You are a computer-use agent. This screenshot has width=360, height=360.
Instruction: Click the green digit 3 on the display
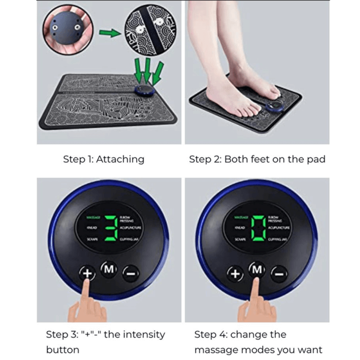point(111,228)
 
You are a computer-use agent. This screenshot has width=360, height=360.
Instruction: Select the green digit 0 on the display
point(258,228)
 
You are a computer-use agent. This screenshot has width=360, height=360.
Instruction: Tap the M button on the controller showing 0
point(258,270)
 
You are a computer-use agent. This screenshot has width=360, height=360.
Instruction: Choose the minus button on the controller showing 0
point(279,273)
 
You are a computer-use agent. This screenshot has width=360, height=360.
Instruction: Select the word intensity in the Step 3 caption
point(141,335)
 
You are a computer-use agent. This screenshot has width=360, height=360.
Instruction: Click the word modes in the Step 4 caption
point(275,350)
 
